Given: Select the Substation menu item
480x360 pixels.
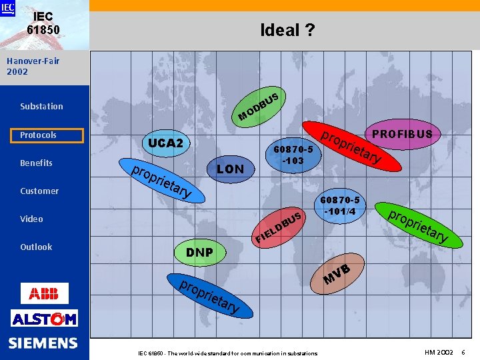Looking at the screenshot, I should click(x=41, y=106).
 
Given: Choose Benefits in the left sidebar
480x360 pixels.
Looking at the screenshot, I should click(x=36, y=163).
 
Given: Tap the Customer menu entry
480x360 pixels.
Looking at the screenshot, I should click(x=39, y=191).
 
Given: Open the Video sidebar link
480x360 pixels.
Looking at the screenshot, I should click(x=31, y=219).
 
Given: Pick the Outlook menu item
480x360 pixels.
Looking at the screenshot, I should click(x=36, y=247).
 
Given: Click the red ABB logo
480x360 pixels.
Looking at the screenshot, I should click(x=44, y=293).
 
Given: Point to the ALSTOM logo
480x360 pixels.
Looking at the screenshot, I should click(x=44, y=319).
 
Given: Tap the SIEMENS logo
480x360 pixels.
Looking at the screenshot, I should click(x=44, y=343).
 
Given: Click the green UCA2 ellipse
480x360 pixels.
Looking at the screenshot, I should click(x=165, y=143).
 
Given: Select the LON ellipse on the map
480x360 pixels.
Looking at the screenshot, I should click(x=230, y=169).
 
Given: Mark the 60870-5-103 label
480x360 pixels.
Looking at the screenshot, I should click(x=293, y=155).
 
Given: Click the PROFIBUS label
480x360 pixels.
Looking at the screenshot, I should click(x=402, y=134).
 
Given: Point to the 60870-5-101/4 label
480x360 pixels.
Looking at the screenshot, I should click(x=340, y=206).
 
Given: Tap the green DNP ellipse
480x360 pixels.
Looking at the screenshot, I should click(x=199, y=252).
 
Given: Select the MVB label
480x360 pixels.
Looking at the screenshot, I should click(x=337, y=274).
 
